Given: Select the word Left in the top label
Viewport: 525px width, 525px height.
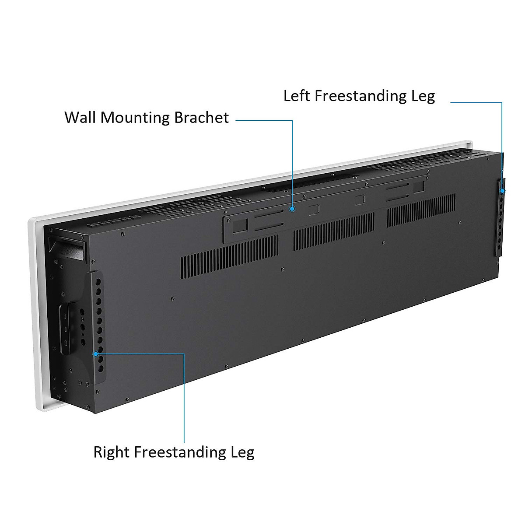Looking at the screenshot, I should [297, 96].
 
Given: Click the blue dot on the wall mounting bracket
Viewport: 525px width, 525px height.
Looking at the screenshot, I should [292, 209].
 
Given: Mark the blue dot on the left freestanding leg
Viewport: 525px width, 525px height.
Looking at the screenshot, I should [502, 191].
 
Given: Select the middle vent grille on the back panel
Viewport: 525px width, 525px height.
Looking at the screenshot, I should [333, 231].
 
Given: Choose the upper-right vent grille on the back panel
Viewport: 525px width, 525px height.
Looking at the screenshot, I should [421, 210].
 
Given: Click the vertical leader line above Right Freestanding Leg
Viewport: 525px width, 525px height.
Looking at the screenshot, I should [184, 398].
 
